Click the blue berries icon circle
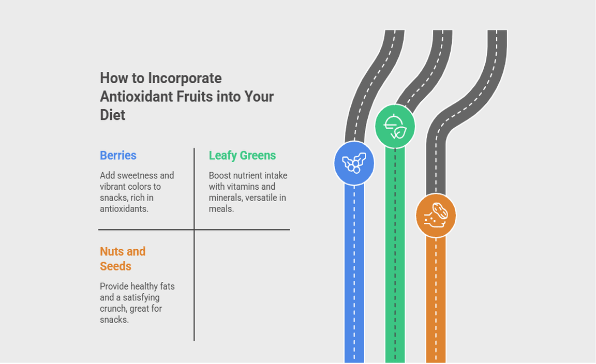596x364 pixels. (354, 163)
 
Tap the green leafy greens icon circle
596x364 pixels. (395, 126)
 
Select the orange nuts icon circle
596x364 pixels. (436, 216)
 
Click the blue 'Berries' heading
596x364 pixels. (118, 156)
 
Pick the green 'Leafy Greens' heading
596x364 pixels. (242, 156)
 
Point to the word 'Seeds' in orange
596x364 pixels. (115, 266)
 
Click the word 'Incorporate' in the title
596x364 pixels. (185, 78)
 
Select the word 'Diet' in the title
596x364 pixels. (112, 115)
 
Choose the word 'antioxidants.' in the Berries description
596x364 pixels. (124, 208)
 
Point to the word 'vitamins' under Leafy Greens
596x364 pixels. (244, 187)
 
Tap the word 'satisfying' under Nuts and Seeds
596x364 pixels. (141, 297)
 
